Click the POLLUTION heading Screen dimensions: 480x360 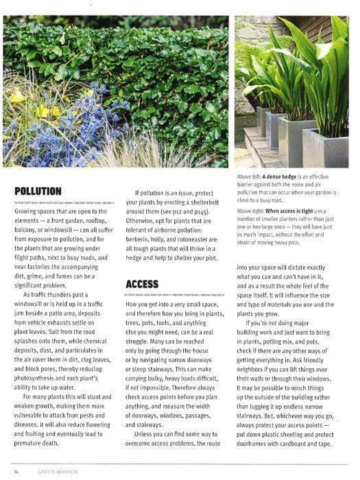point(38,191)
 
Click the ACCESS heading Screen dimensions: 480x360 point(142,283)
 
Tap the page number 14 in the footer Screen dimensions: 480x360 point(16,472)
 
